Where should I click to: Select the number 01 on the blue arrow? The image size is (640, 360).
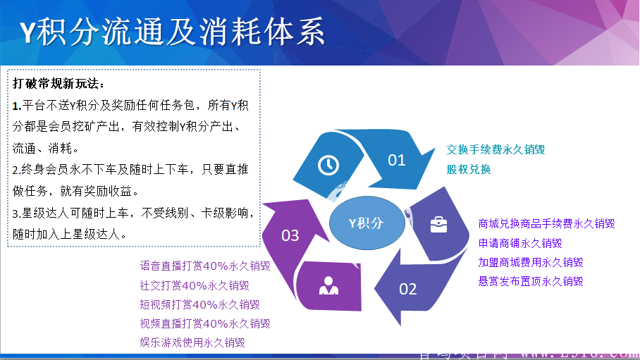tap(397, 160)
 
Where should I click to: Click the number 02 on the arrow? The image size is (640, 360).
tap(408, 288)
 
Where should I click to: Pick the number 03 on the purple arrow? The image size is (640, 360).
tap(290, 235)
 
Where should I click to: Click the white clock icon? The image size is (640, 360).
tap(328, 165)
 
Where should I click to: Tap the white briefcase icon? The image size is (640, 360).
tap(438, 225)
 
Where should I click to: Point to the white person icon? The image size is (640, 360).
tap(328, 285)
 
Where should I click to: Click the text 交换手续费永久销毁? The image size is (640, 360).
tap(496, 150)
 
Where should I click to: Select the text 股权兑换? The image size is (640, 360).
tap(469, 170)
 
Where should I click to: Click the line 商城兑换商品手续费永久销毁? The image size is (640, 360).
tap(546, 224)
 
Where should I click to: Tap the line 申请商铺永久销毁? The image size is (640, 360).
tap(519, 243)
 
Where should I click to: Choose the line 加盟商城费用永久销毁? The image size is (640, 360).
tap(530, 262)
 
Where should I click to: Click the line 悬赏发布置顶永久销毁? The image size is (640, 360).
tap(530, 281)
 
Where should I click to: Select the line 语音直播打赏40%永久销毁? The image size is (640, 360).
tap(205, 266)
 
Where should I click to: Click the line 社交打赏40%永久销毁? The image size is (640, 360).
tap(195, 285)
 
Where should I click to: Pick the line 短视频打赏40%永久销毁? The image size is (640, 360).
tap(199, 304)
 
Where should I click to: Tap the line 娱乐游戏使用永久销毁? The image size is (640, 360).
tap(192, 342)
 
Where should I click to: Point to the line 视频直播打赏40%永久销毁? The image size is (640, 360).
tap(205, 323)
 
